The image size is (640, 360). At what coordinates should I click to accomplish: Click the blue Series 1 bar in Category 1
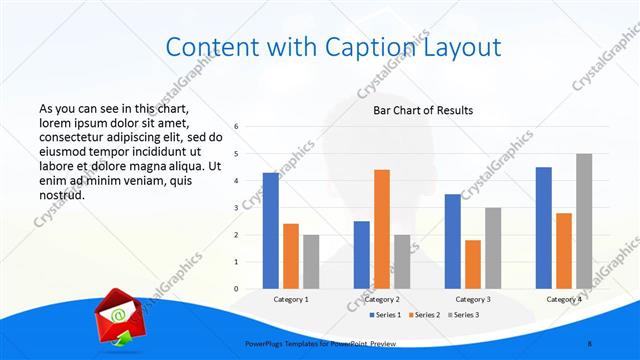click(x=271, y=231)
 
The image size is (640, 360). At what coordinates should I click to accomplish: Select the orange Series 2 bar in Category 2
click(x=381, y=229)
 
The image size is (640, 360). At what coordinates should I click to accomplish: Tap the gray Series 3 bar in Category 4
click(x=583, y=221)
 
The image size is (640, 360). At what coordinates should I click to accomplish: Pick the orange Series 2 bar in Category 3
click(x=472, y=264)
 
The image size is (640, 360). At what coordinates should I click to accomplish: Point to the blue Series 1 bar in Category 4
click(x=543, y=228)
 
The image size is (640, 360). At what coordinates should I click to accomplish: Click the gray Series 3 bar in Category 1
click(x=311, y=262)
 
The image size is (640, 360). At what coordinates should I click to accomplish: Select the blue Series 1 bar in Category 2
click(x=361, y=255)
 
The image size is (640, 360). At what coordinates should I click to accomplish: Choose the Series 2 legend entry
click(x=426, y=315)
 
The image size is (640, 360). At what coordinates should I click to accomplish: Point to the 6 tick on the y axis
click(x=236, y=127)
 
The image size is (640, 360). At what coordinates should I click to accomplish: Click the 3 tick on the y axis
click(x=236, y=208)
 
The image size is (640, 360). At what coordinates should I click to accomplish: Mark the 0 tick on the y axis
click(x=236, y=289)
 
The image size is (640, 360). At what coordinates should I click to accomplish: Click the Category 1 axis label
click(x=291, y=299)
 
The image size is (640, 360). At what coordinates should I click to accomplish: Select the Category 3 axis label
click(x=472, y=299)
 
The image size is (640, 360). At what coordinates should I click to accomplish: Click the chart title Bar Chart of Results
click(x=423, y=110)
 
